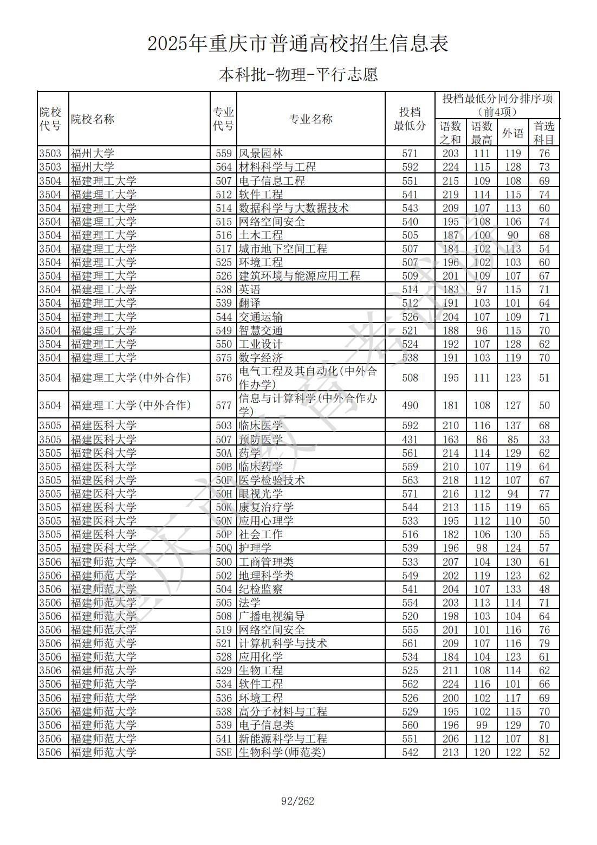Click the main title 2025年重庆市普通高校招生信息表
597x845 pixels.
[298, 44]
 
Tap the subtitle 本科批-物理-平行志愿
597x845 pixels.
[298, 74]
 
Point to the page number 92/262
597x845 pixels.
[298, 801]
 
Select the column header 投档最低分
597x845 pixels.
[410, 119]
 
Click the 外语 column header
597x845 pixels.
[512, 133]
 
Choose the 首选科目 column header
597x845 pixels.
[544, 133]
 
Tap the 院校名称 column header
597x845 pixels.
[93, 119]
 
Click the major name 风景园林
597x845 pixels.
[261, 153]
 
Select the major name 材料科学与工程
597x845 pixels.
[277, 167]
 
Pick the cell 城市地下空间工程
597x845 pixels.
[283, 249]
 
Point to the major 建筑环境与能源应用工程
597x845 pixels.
[299, 276]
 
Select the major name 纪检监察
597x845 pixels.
[261, 589]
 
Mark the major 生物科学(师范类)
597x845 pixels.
[282, 752]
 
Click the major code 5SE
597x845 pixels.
[223, 752]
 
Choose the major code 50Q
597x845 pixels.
[223, 548]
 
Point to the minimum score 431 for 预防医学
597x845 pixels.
[410, 440]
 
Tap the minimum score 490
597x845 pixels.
[410, 405]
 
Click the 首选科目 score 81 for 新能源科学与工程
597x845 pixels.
[544, 739]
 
